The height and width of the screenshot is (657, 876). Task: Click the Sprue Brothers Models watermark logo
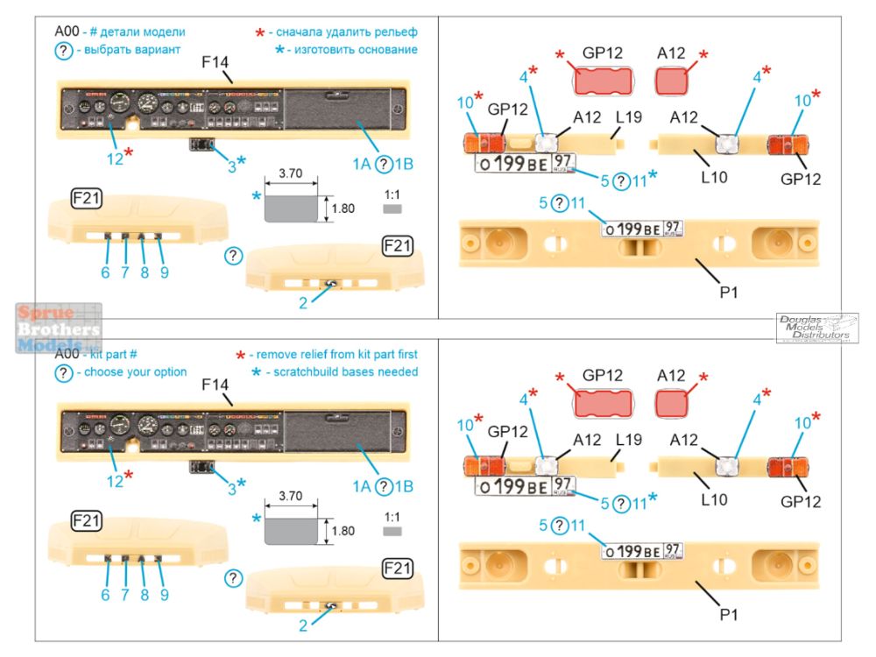[58, 328]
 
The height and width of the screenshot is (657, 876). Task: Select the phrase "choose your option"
[131, 371]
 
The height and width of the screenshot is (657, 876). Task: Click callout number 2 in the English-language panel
[303, 625]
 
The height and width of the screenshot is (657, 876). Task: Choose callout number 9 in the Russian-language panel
[164, 272]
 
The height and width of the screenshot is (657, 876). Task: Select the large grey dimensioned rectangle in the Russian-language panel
[290, 209]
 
